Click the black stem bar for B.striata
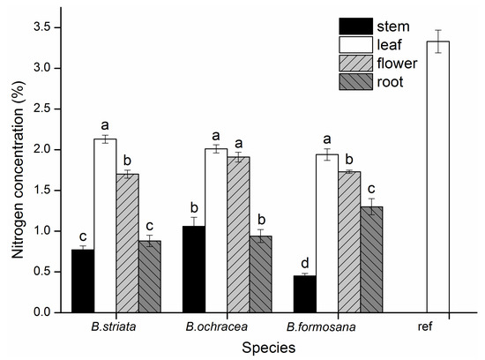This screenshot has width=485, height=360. pos(82,281)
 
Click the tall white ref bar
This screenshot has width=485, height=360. pos(426,176)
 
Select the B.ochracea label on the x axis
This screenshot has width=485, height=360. pos(209,327)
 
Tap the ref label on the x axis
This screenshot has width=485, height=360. pos(426,327)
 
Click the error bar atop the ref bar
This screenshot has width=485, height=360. pos(426,41)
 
